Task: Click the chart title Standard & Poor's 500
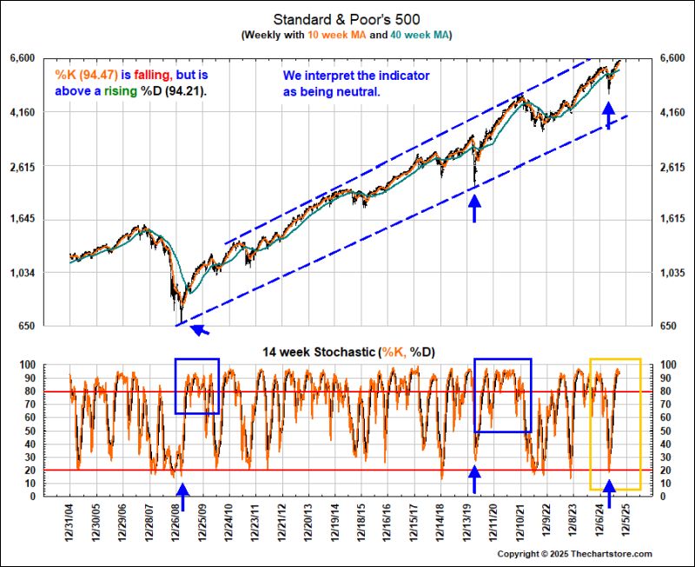click(347, 18)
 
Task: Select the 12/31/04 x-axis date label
click(70, 526)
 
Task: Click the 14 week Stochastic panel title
click(347, 352)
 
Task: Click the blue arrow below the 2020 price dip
click(474, 208)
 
